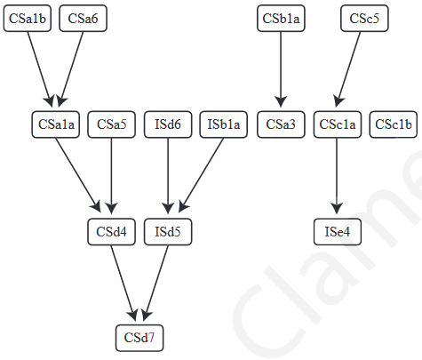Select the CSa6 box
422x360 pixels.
[83, 19]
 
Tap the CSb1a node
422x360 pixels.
[281, 19]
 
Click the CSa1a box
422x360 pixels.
[56, 125]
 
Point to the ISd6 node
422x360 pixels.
[168, 125]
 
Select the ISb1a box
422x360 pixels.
[224, 125]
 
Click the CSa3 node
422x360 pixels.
[281, 125]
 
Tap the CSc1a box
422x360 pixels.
[337, 125]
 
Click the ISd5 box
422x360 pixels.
[168, 232]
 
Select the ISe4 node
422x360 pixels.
[337, 232]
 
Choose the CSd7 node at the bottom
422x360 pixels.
[140, 338]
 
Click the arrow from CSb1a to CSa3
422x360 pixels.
[281, 71]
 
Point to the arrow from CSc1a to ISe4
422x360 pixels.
[337, 178]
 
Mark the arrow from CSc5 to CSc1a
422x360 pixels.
[351, 71]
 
